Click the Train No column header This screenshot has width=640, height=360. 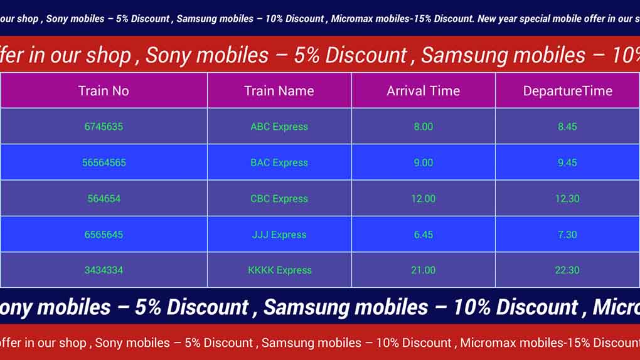click(x=104, y=90)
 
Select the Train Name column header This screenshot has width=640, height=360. click(x=279, y=90)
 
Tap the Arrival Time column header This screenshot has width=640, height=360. click(x=424, y=90)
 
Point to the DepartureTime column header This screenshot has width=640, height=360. click(x=568, y=90)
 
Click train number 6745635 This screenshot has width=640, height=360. click(x=104, y=127)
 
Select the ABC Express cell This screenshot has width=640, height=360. click(x=279, y=127)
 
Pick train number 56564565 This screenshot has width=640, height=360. click(x=104, y=162)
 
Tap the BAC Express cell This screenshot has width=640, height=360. click(x=279, y=162)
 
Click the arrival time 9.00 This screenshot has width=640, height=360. click(x=424, y=162)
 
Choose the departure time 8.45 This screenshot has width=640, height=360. click(x=567, y=127)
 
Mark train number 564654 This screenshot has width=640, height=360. click(x=104, y=199)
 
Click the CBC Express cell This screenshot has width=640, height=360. click(x=279, y=199)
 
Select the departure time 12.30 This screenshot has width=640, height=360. click(x=567, y=199)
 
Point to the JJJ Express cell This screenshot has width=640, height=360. click(x=279, y=235)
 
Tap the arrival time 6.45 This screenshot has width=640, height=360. click(x=424, y=235)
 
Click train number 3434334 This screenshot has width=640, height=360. click(x=104, y=270)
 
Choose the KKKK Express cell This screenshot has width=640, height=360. click(x=280, y=270)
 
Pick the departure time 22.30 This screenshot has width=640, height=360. click(x=567, y=270)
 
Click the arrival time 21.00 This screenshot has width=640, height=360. click(x=424, y=270)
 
